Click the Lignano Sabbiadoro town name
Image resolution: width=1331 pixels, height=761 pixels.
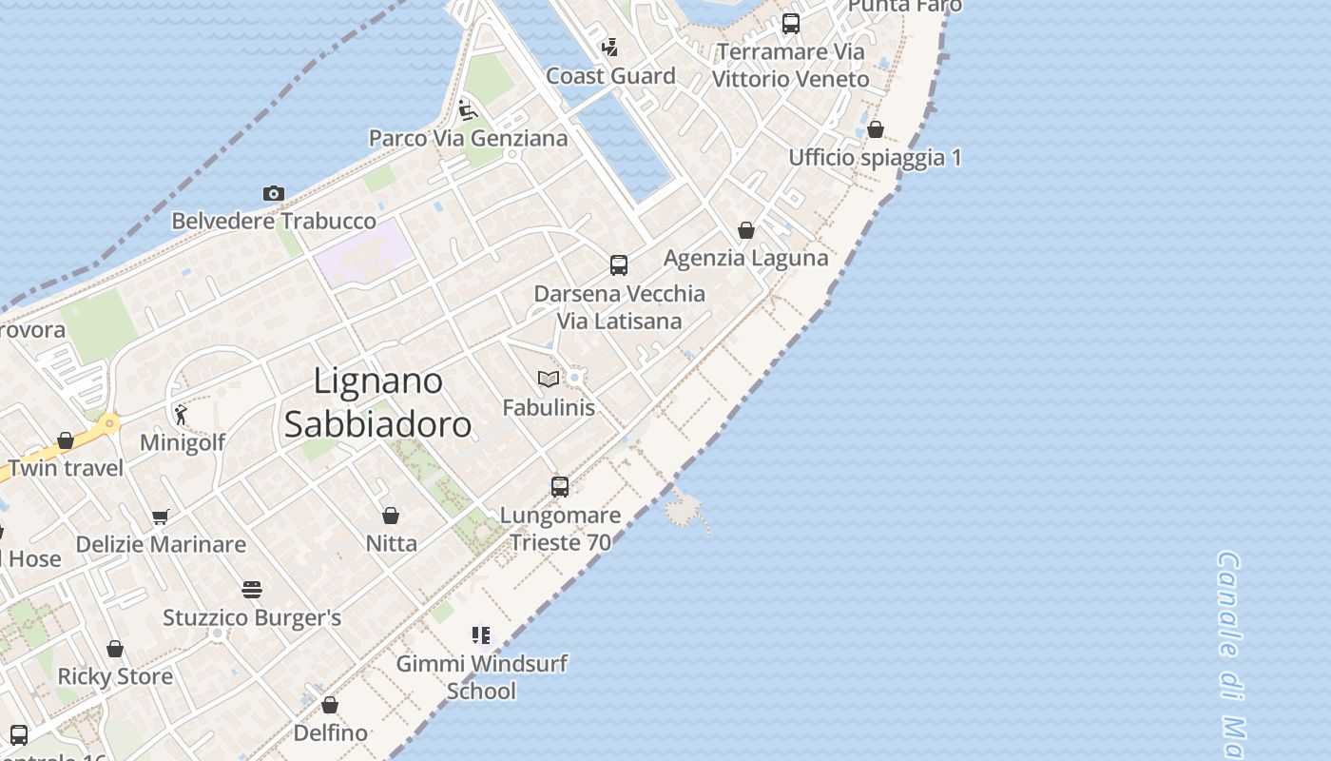click(x=378, y=402)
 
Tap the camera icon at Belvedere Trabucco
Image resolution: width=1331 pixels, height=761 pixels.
click(x=274, y=194)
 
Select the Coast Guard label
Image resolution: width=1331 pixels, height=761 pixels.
click(x=610, y=76)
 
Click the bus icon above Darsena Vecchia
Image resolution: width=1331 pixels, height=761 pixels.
click(x=619, y=265)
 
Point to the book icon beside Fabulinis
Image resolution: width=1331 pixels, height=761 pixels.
click(x=549, y=379)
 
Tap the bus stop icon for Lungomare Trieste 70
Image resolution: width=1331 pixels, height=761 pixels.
click(x=560, y=487)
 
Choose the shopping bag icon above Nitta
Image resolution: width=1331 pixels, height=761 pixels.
click(x=391, y=516)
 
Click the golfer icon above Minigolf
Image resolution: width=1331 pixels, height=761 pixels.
click(x=181, y=415)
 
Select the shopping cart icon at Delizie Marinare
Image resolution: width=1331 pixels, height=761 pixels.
click(x=161, y=517)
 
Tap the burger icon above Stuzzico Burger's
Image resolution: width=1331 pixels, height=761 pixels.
click(x=251, y=590)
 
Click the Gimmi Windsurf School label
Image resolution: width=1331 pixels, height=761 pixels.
click(x=482, y=677)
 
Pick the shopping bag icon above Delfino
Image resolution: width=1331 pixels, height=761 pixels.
click(x=330, y=705)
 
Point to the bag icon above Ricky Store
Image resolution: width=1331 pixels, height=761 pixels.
click(x=115, y=649)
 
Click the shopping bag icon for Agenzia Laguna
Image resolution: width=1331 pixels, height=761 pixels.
click(x=746, y=230)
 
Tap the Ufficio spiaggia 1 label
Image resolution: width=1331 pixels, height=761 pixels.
click(x=875, y=157)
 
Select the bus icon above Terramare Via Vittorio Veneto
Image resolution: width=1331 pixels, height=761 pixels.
click(x=791, y=24)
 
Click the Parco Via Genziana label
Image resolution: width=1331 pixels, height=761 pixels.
click(x=468, y=138)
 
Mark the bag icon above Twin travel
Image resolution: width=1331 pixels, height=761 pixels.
click(x=66, y=440)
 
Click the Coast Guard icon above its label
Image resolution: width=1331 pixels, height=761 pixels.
click(x=610, y=47)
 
